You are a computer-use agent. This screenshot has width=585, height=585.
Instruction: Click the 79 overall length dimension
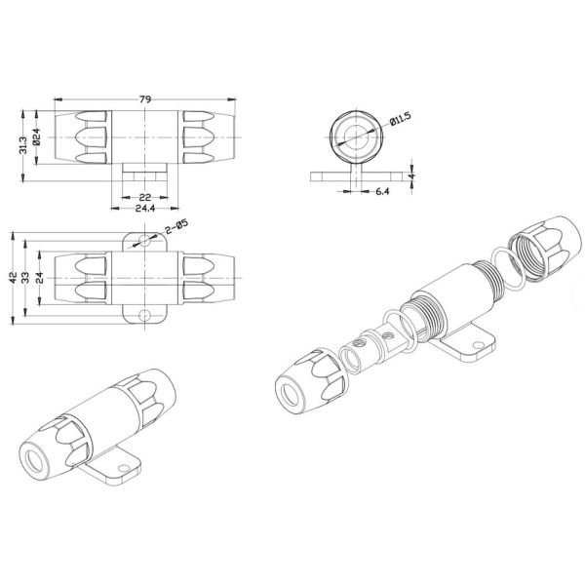click(x=145, y=99)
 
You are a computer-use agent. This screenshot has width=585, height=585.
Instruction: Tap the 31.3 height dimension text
click(x=23, y=145)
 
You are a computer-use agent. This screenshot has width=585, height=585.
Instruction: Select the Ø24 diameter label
click(x=37, y=136)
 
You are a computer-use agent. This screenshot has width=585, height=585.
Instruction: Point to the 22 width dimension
click(x=144, y=197)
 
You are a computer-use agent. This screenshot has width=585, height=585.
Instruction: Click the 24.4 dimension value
click(x=145, y=209)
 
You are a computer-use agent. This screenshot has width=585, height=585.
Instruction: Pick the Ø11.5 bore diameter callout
click(x=400, y=119)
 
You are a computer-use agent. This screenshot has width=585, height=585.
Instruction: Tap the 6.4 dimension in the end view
click(x=382, y=191)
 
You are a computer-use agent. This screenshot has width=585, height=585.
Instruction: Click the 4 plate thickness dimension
click(x=411, y=175)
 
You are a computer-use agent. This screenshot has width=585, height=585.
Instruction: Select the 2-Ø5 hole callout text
click(x=176, y=227)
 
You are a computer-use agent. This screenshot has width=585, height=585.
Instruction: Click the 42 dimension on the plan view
click(x=14, y=278)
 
